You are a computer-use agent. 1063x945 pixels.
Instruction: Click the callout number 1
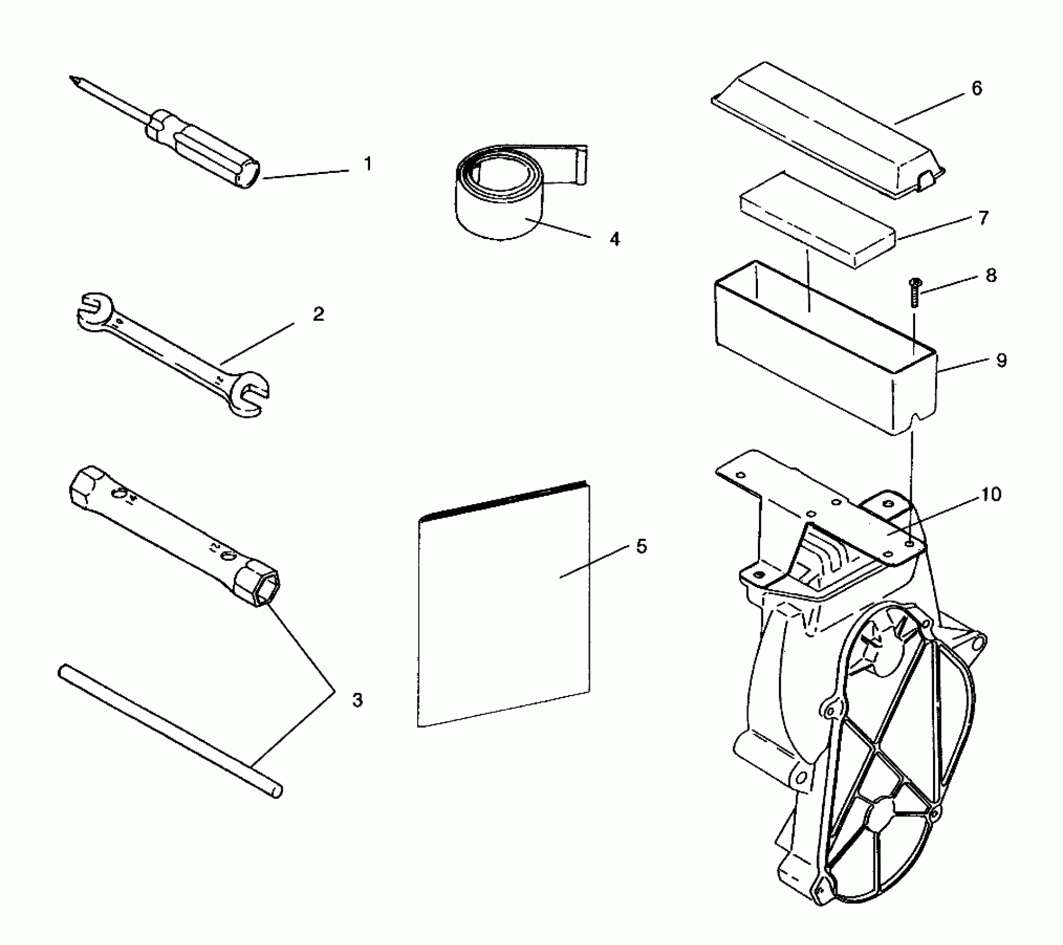[367, 164]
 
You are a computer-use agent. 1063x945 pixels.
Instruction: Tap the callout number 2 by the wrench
[318, 315]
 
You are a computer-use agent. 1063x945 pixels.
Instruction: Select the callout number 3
[357, 700]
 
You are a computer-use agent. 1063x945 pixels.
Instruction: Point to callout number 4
[614, 240]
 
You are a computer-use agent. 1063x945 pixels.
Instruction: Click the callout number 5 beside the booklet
[642, 546]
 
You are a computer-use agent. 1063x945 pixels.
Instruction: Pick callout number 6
[977, 88]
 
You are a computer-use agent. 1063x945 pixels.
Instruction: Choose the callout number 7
[984, 218]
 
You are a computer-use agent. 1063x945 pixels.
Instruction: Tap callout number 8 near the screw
[991, 275]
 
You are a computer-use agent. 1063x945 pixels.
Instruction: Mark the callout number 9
[1001, 361]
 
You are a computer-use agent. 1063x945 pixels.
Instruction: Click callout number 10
[992, 494]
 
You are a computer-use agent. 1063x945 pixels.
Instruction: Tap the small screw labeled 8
[913, 293]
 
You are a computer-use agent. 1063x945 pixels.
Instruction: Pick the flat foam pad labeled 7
[817, 220]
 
